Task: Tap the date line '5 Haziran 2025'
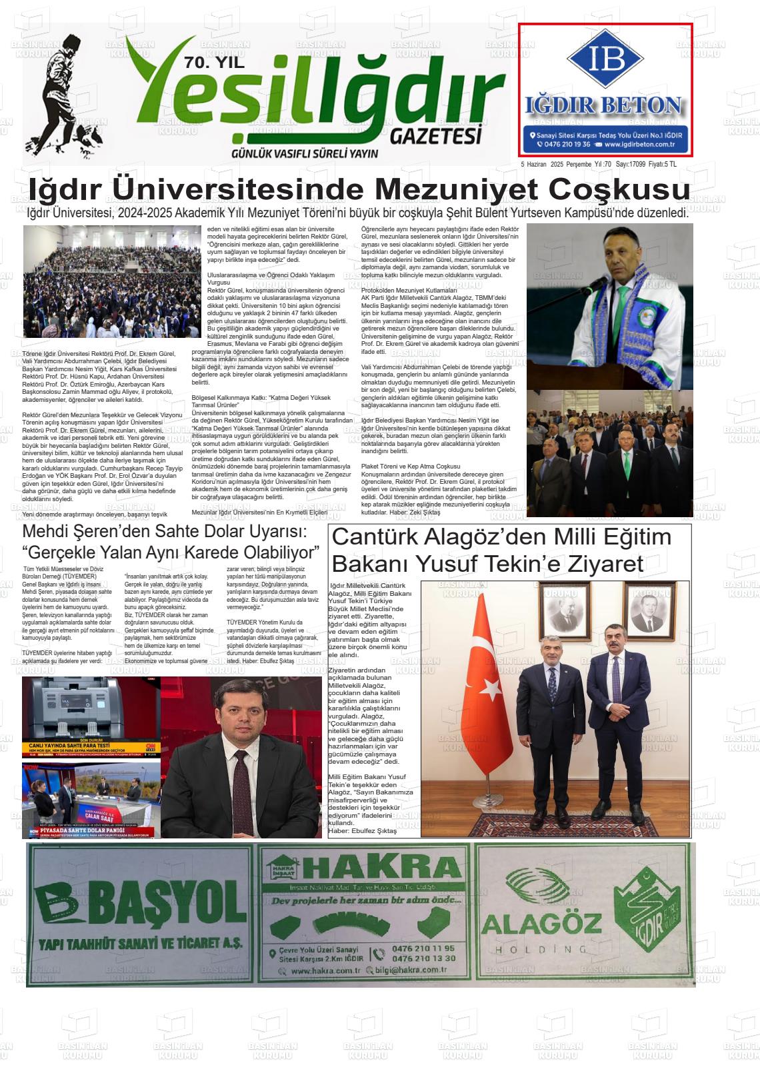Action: click(x=547, y=164)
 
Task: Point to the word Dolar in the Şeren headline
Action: click(x=209, y=532)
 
